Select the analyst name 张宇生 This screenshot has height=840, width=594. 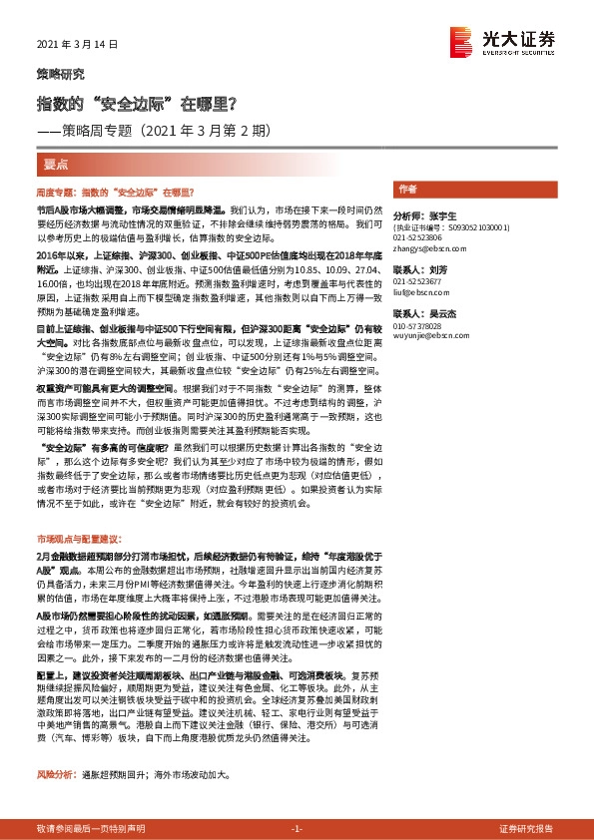(x=440, y=215)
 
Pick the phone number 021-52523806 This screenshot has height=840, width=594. (x=418, y=237)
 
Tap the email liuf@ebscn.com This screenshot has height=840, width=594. (x=417, y=291)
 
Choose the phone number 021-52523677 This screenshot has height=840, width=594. (x=418, y=282)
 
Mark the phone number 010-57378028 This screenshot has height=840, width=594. (x=418, y=326)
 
